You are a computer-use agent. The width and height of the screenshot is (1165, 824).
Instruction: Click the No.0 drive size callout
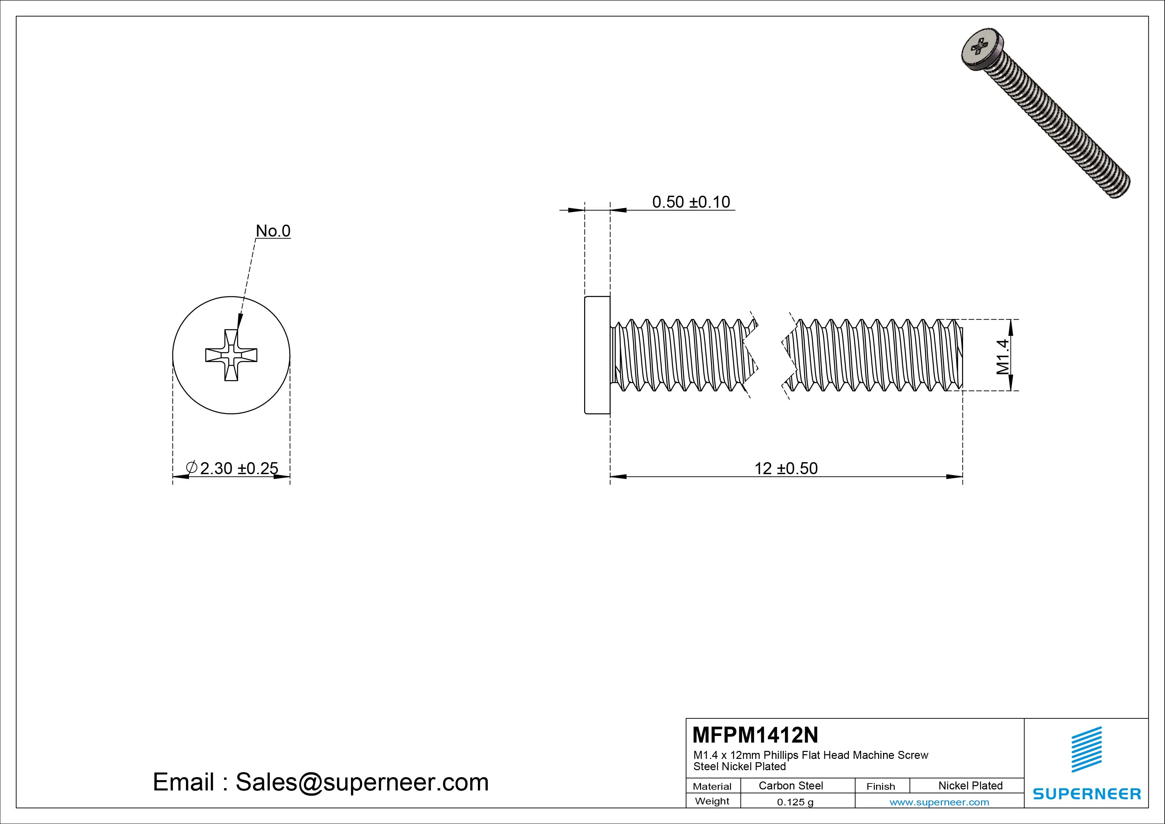(x=273, y=231)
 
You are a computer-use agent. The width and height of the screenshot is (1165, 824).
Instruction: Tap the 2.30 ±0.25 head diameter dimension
(x=238, y=468)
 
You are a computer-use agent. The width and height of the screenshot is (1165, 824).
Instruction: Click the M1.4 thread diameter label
(x=1002, y=357)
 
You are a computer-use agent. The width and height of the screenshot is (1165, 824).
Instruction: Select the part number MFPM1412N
(x=755, y=735)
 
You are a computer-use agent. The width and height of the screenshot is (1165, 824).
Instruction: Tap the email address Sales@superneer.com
(x=361, y=782)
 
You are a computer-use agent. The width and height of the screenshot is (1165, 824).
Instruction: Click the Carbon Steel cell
(x=790, y=785)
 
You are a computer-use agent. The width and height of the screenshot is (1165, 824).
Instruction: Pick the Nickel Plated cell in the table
(x=970, y=785)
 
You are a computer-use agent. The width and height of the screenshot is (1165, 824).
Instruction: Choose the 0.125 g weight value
(x=795, y=802)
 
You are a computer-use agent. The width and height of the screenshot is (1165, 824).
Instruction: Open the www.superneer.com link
(x=939, y=802)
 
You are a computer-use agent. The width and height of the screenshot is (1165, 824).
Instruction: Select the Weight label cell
(x=712, y=801)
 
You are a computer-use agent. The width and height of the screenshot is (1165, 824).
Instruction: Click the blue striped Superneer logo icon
(x=1086, y=749)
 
